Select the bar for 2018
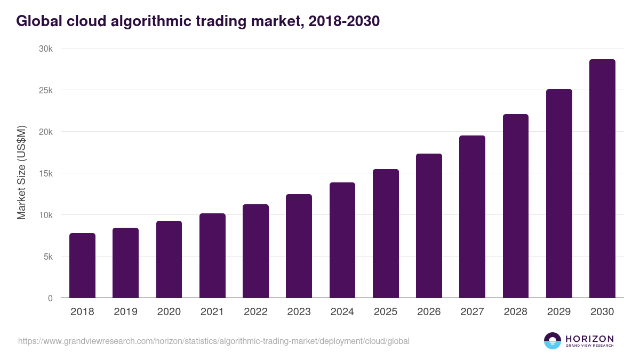[82, 266]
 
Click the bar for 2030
[602, 179]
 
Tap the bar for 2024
[342, 240]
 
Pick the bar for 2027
[472, 217]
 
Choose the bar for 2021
[212, 255]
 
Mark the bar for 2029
[559, 194]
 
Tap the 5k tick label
[49, 257]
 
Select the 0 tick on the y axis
[51, 298]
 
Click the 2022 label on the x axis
[255, 312]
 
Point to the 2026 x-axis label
[429, 312]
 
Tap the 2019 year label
[125, 312]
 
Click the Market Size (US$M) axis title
[21, 173]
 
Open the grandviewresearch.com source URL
[213, 341]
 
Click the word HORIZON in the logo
[589, 339]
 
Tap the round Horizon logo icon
[553, 341]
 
